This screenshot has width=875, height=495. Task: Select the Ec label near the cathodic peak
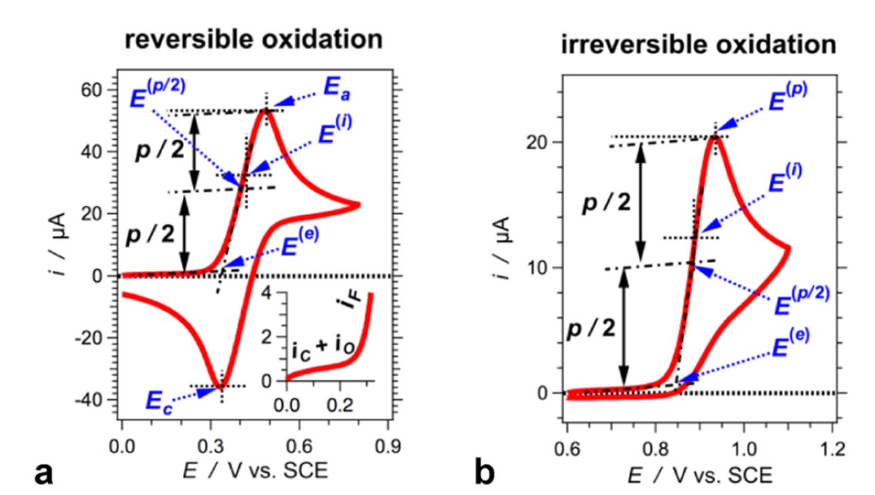(160, 399)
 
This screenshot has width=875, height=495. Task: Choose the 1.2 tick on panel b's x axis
(832, 446)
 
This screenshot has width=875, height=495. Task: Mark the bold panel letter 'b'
(484, 471)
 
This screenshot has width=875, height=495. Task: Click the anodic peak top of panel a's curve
(266, 110)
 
